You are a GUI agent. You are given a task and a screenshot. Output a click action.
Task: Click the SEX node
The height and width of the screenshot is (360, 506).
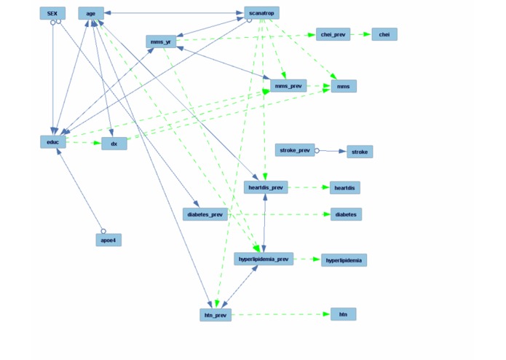click(52, 13)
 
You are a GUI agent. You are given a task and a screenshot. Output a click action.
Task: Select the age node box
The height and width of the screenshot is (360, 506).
click(91, 13)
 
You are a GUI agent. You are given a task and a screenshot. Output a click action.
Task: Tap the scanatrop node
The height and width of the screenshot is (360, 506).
click(261, 13)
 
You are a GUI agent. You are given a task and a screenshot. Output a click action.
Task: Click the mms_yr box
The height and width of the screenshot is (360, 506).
click(161, 42)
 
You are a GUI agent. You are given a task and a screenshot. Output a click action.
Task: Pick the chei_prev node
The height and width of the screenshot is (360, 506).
click(333, 34)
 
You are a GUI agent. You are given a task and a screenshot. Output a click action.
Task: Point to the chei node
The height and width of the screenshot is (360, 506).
click(384, 34)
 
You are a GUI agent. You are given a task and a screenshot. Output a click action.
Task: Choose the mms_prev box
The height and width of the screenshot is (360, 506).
click(288, 86)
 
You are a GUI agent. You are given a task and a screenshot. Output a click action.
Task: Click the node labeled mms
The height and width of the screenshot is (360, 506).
click(344, 86)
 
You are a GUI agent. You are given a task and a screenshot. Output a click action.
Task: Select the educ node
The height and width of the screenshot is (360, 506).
click(53, 141)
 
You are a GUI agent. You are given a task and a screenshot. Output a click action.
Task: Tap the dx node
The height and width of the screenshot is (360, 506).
click(114, 144)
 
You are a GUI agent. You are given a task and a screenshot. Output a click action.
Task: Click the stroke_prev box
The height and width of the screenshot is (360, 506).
click(295, 150)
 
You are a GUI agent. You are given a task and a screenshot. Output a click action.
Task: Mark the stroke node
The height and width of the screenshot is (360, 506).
click(360, 152)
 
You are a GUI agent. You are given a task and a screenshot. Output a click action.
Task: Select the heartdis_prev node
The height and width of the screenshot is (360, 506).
click(266, 187)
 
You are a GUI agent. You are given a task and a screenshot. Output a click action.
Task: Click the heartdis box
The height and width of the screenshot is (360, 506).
click(344, 188)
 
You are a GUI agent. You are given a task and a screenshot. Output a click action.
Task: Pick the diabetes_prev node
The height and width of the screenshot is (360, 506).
click(206, 214)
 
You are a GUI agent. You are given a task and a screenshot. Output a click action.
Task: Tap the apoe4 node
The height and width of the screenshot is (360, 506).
click(108, 240)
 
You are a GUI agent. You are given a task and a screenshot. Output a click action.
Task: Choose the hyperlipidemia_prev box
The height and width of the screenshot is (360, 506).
click(264, 259)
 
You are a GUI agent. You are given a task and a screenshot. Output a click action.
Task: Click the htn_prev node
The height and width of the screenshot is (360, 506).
click(216, 315)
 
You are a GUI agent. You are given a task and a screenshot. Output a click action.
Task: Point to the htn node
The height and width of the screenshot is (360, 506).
click(343, 314)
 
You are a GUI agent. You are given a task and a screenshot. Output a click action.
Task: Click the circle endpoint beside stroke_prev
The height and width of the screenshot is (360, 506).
click(317, 150)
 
